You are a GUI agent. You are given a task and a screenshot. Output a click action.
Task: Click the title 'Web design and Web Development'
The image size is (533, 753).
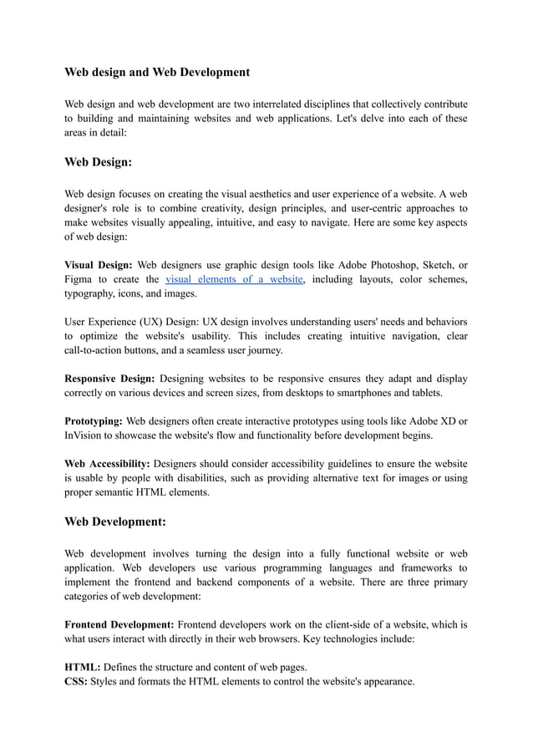(x=157, y=73)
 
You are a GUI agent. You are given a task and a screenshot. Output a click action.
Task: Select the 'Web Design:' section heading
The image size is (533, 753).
(x=99, y=163)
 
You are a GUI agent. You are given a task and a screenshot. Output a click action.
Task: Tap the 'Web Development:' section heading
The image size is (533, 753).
(x=115, y=522)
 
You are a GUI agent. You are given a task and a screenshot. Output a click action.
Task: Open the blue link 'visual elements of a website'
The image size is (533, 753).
(x=234, y=279)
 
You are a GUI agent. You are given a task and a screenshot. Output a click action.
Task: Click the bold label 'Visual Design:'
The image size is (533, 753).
(x=98, y=264)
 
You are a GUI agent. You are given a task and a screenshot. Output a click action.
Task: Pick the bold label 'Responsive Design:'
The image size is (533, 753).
(x=109, y=379)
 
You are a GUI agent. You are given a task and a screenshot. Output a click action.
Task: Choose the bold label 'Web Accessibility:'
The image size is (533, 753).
(x=107, y=463)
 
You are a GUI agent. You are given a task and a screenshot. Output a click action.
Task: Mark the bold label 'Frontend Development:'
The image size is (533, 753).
(x=119, y=624)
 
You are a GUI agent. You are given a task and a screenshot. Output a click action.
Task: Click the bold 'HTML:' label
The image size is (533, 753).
(x=83, y=667)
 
